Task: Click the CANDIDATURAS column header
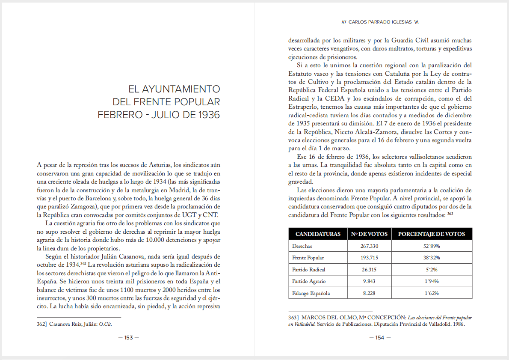click(x=318, y=234)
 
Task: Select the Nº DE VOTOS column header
click(x=370, y=234)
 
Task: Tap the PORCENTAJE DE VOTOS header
click(x=432, y=234)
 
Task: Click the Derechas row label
click(x=302, y=246)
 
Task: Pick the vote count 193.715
click(x=370, y=258)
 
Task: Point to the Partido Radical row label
click(x=308, y=270)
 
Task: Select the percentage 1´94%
click(x=432, y=281)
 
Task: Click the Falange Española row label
click(x=311, y=293)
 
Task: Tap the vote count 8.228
click(x=370, y=293)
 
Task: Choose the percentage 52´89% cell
click(x=432, y=246)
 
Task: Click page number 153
click(x=128, y=338)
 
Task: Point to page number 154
click(x=380, y=338)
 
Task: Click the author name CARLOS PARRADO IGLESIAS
click(x=380, y=21)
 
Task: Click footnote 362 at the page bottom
click(x=41, y=324)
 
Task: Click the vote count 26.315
click(x=370, y=270)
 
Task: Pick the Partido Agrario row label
click(x=309, y=281)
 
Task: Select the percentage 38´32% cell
click(x=432, y=258)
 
